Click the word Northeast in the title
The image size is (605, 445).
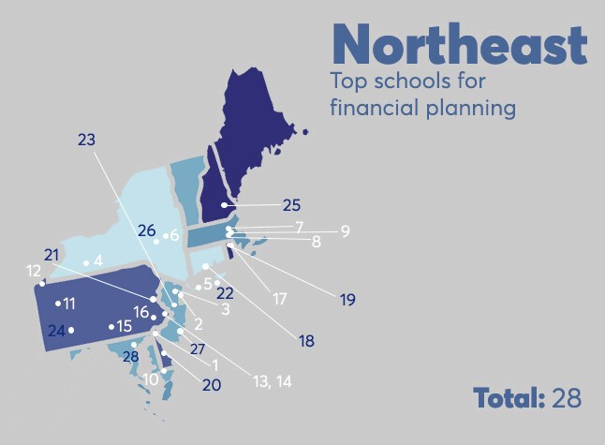point(459,45)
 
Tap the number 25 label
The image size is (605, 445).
point(292,205)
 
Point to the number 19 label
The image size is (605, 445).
point(348,300)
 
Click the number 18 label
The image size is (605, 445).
point(307,341)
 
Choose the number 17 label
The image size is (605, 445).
point(279,300)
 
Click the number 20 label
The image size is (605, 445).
point(211,384)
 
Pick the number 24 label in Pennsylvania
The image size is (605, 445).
point(55,331)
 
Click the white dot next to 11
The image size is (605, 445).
point(58,303)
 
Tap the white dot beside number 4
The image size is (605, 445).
point(86,262)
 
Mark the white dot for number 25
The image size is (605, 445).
point(224,205)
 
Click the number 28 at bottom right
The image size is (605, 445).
point(567,397)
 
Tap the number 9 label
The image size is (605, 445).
point(345,231)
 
